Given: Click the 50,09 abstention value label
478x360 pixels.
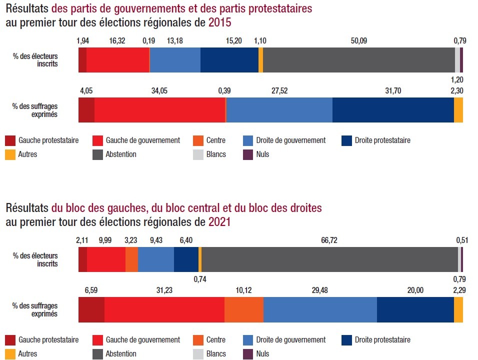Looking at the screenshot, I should pos(358,41).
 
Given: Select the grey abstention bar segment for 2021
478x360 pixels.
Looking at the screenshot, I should pos(329,259).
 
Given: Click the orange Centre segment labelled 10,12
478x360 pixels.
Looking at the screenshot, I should pos(243,309).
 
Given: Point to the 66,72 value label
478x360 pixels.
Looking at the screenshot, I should pos(329,240).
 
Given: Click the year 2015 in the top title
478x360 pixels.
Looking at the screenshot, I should pos(220,22).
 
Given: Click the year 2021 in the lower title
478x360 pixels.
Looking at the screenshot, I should pos(219,221).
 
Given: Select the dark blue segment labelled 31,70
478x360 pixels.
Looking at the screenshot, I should pos(393,110).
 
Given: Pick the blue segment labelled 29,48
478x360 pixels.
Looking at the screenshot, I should pos(320,309).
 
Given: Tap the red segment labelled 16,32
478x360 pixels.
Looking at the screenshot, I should pos(117,60).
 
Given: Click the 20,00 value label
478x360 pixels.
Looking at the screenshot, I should pos(415,290).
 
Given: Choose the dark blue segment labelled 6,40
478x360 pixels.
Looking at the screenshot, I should pos(186,259).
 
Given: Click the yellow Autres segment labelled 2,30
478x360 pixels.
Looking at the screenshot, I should pos(458,110).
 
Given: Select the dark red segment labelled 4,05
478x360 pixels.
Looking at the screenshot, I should pos(86,110).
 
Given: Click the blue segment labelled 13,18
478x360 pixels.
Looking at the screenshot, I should pos(175,60).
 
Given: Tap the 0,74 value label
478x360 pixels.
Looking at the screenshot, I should pos(200,279).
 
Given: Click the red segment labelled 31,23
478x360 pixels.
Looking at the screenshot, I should pos(164,309).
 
